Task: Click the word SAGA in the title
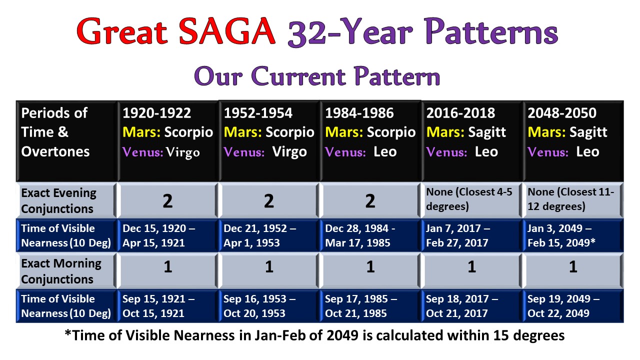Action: pos(227,31)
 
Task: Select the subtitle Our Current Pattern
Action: pos(317,76)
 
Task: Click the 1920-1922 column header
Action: pos(156,113)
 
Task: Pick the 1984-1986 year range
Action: pos(359,113)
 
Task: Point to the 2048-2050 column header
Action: pos(561,113)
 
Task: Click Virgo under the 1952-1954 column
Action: pos(289,152)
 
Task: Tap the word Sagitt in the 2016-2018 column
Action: pos(487,132)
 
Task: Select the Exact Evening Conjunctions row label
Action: pos(58,200)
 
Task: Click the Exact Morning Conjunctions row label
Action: pos(61,271)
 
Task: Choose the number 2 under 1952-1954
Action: pos(268,201)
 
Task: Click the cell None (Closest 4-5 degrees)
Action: pos(469,199)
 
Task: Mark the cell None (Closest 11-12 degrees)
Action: pos(570,199)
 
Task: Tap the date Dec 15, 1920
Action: pos(154,228)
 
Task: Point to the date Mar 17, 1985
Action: pos(357,243)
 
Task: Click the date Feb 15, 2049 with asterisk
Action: pos(561,242)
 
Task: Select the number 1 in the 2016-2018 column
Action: pos(471,267)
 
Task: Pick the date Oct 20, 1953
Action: pos(254,313)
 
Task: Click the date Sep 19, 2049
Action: pos(559,299)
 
